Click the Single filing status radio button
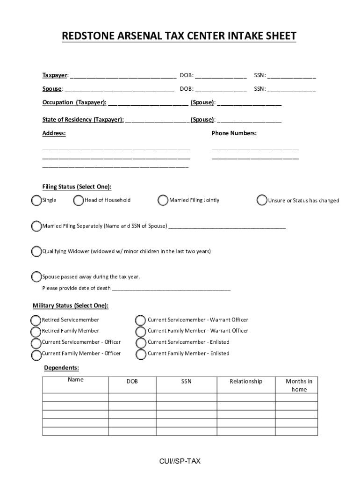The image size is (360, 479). (x=36, y=201)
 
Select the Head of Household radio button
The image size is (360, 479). (x=79, y=201)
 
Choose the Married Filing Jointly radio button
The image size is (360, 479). (x=163, y=201)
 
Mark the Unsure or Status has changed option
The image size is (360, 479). (x=262, y=201)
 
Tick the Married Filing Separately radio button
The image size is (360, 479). (x=36, y=226)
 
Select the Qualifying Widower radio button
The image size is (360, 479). (x=36, y=252)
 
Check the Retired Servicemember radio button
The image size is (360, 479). (x=36, y=320)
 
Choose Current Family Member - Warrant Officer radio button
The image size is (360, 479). (x=140, y=332)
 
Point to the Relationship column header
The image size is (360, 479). (x=246, y=382)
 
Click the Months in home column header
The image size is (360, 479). (x=299, y=385)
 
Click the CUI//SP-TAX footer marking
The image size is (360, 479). (x=180, y=461)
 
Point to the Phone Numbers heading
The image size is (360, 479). (x=234, y=133)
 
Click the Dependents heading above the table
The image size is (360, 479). (x=61, y=368)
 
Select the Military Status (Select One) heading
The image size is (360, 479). (x=70, y=306)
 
